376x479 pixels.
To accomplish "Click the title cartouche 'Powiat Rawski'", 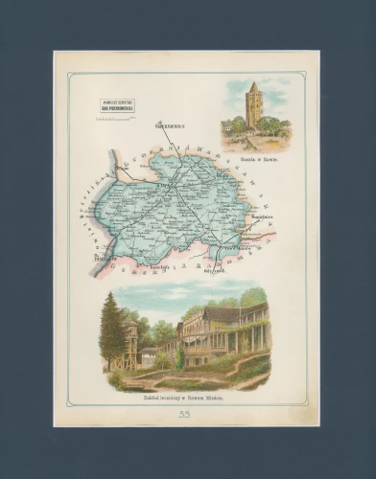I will point(116,105).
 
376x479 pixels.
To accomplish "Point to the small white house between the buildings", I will point(149,356).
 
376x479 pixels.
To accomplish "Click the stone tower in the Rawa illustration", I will point(253,107).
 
